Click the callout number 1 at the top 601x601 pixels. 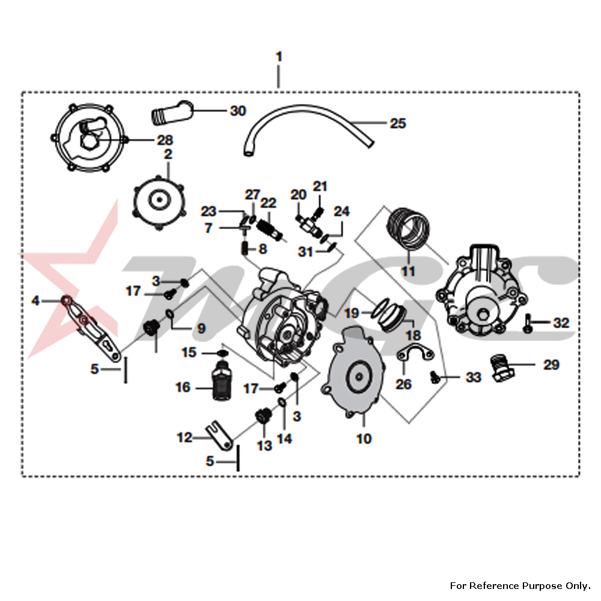(x=279, y=56)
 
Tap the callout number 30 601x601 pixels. (x=237, y=111)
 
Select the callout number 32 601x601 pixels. (x=561, y=323)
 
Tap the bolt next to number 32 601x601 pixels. (x=527, y=323)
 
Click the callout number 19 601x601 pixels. (x=352, y=313)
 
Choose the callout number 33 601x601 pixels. (x=473, y=377)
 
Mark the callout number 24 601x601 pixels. (x=341, y=212)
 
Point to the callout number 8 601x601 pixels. (x=263, y=249)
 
